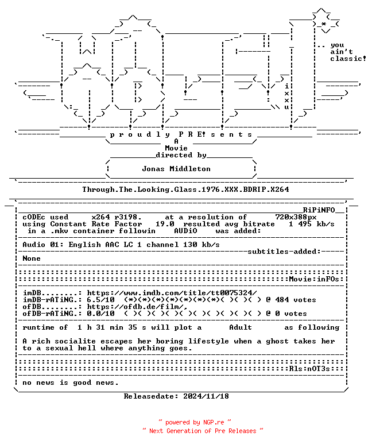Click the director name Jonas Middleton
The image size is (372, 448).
pyautogui.click(x=176, y=169)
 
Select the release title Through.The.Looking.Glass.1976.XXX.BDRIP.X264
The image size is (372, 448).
pyautogui.click(x=185, y=190)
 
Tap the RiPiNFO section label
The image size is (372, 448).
pyautogui.click(x=319, y=210)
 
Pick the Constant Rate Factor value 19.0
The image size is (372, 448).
pyautogui.click(x=165, y=224)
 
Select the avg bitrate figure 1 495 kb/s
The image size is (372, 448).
pyautogui.click(x=312, y=224)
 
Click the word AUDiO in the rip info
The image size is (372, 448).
pyautogui.click(x=185, y=231)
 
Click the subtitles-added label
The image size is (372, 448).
pyautogui.click(x=284, y=252)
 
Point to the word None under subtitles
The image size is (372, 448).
pyautogui.click(x=32, y=258)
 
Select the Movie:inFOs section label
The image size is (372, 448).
pyautogui.click(x=314, y=279)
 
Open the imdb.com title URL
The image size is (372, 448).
pyautogui.click(x=172, y=293)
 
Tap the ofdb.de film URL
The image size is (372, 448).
pyautogui.click(x=137, y=307)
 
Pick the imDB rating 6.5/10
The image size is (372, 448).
pyautogui.click(x=100, y=300)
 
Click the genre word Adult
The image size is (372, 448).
pyautogui.click(x=241, y=327)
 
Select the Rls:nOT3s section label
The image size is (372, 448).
pyautogui.click(x=309, y=369)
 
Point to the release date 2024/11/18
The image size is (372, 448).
pyautogui.click(x=206, y=396)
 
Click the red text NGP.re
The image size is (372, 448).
pyautogui.click(x=214, y=422)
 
